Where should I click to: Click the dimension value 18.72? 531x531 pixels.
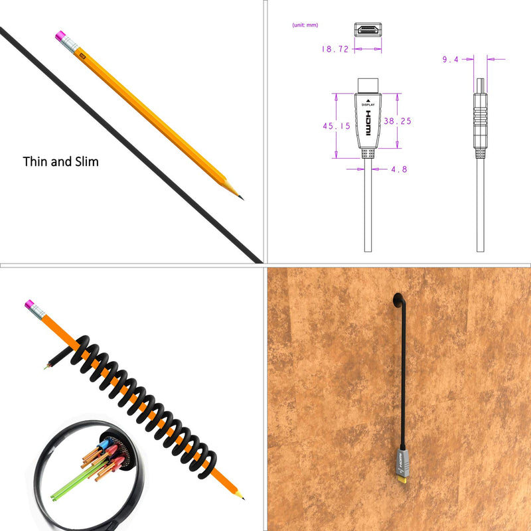[335, 49]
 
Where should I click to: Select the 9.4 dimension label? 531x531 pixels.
[451, 59]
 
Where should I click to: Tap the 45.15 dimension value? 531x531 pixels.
[337, 126]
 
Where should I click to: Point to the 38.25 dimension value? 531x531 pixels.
[398, 121]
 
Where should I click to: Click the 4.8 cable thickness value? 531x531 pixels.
[399, 169]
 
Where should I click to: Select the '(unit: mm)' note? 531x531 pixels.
[305, 25]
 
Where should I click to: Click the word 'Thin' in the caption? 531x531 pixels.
[36, 161]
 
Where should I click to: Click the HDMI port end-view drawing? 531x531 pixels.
[368, 29]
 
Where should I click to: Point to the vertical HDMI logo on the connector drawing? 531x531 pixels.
[368, 123]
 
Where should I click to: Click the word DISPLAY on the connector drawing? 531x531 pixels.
[368, 105]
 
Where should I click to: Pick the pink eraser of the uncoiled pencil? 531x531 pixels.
[60, 35]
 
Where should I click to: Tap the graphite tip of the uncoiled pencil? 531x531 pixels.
[241, 197]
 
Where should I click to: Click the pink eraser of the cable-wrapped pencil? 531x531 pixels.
[29, 304]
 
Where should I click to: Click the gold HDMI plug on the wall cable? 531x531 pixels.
[402, 479]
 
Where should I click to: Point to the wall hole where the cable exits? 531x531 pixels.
[397, 301]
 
